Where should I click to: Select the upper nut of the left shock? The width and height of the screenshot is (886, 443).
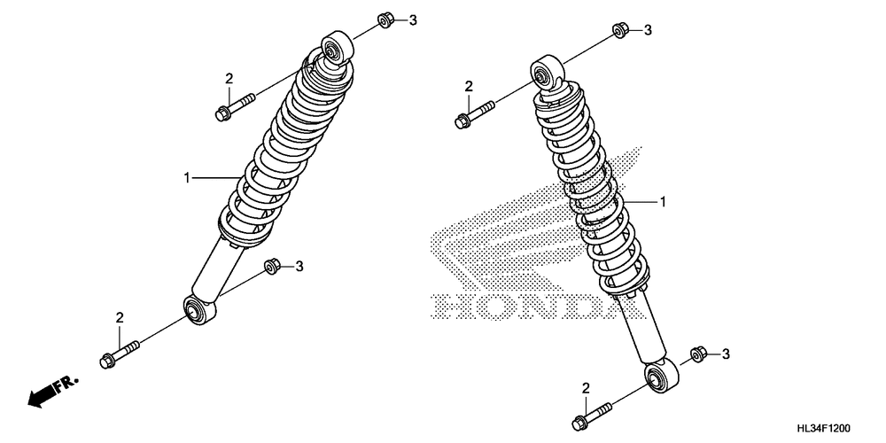pos(386,19)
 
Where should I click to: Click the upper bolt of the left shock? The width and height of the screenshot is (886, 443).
pos(232,106)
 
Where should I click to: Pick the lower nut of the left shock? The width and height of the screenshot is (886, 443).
pos(274,265)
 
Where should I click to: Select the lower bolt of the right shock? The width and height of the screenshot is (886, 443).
pos(593,415)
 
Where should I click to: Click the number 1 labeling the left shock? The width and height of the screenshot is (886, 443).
pos(187,178)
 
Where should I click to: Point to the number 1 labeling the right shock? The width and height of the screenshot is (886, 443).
pos(662,202)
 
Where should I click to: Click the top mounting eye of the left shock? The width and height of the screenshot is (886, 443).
pos(336,48)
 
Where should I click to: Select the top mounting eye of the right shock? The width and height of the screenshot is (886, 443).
pos(545,71)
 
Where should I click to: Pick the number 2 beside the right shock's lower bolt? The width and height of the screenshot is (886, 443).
pos(586,387)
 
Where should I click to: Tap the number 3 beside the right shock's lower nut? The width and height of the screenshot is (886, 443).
pos(726,354)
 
